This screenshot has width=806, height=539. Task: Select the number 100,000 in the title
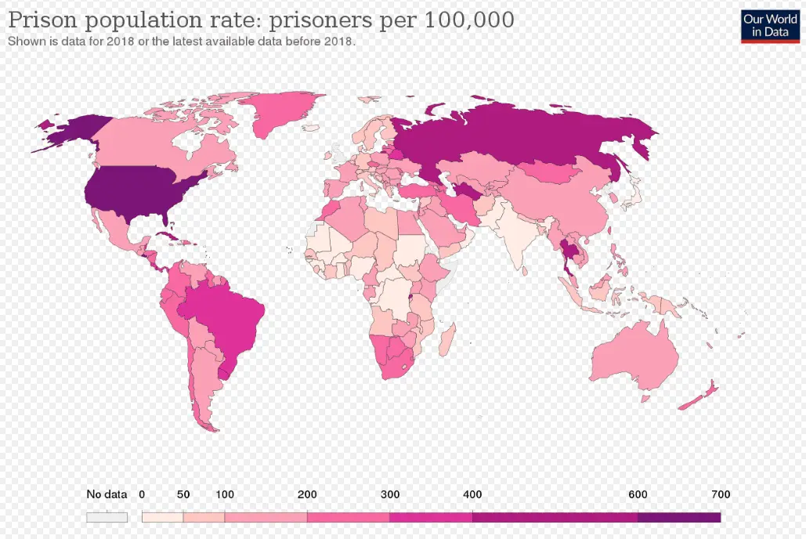pyautogui.click(x=469, y=20)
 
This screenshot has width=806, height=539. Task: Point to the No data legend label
pyautogui.click(x=107, y=494)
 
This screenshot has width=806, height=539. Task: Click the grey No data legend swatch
pyautogui.click(x=107, y=517)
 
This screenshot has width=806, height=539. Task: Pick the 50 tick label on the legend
pyautogui.click(x=183, y=494)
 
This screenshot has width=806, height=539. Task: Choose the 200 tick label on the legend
pyautogui.click(x=307, y=494)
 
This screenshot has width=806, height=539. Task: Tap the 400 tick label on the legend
pyautogui.click(x=472, y=494)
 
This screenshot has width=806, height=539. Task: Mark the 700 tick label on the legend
pyautogui.click(x=721, y=494)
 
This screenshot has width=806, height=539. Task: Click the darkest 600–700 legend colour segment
pyautogui.click(x=679, y=517)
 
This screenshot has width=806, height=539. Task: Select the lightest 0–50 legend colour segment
pyautogui.click(x=162, y=517)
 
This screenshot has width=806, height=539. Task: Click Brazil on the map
pyautogui.click(x=227, y=317)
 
